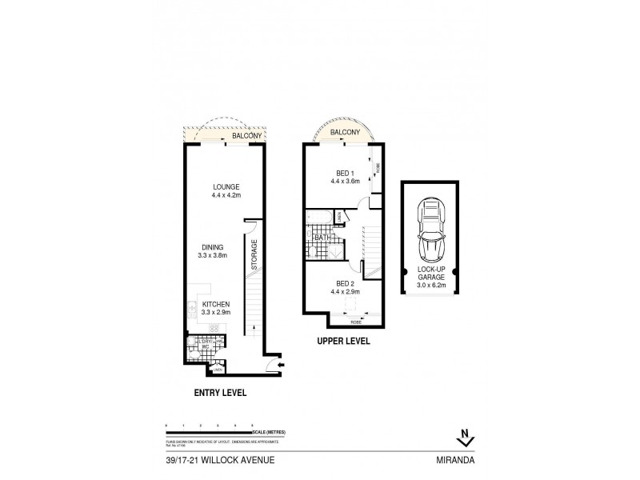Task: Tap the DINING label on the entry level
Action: pos(213,247)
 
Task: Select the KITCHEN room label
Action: pos(216,305)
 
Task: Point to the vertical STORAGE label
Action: pos(254,254)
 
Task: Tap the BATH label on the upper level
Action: pos(323,238)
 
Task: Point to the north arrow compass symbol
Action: pos(463,438)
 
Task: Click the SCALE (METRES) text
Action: pos(271,433)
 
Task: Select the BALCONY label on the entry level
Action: pos(246,137)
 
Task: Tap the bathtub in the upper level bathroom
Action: pos(318,218)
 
